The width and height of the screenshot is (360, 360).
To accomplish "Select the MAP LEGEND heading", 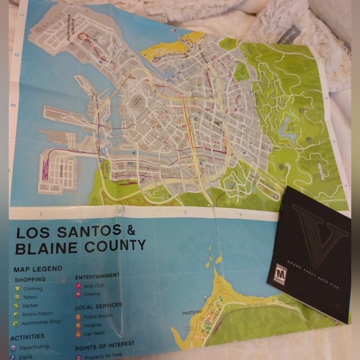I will tap(38, 269).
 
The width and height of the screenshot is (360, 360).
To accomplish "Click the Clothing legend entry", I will tap(33, 289).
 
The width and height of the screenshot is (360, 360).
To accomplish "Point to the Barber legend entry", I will tap(31, 306).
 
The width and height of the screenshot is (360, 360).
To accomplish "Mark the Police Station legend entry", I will tap(100, 317).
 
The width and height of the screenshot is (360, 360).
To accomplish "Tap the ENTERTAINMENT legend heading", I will tap(97, 276).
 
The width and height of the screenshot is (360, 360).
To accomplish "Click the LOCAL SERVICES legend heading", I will tap(99, 306).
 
